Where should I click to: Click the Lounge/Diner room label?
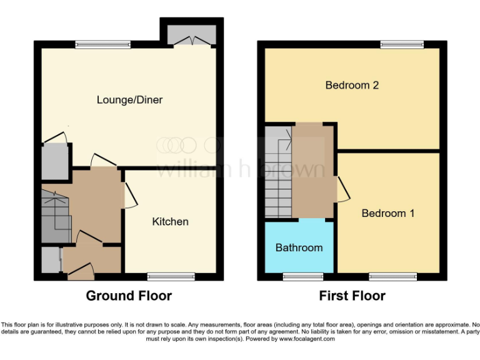tap(129, 100)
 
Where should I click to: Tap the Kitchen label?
tap(170, 222)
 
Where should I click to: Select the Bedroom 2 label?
tap(352, 85)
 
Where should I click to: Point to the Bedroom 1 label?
tap(388, 213)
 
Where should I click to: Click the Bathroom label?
tap(299, 247)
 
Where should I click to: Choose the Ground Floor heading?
tap(129, 296)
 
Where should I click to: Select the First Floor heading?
tap(352, 296)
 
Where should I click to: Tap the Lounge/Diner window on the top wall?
tap(103, 44)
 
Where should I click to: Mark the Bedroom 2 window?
tap(402, 44)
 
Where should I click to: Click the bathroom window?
tap(299, 276)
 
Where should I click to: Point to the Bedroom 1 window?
tap(392, 276)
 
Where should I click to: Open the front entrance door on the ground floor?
tap(80, 270)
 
